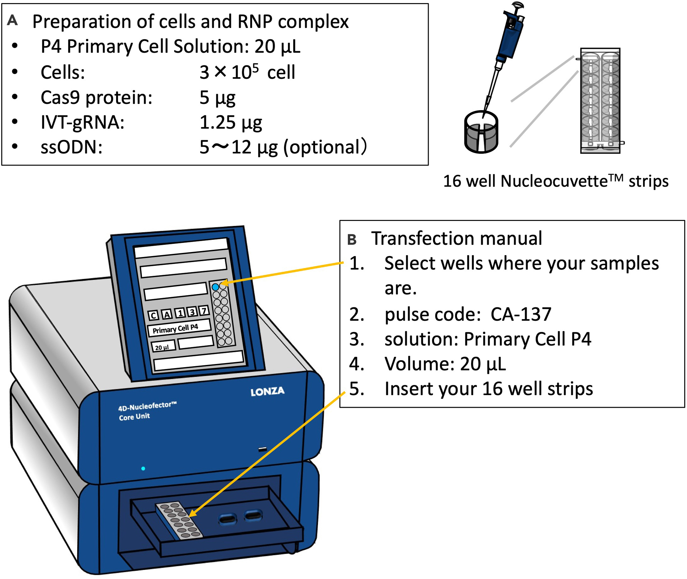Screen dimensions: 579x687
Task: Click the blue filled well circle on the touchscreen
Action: [x=215, y=287]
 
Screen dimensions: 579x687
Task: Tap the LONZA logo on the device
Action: [x=267, y=392]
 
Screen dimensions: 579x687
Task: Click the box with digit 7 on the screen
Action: [x=204, y=311]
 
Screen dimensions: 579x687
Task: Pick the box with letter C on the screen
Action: [x=153, y=316]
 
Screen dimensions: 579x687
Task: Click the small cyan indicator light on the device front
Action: [x=143, y=468]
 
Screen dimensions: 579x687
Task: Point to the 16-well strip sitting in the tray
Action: [x=179, y=520]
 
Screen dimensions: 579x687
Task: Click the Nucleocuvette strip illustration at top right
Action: [x=600, y=101]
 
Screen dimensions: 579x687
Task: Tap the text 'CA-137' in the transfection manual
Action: [x=521, y=315]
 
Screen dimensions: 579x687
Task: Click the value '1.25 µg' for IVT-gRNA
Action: [x=231, y=123]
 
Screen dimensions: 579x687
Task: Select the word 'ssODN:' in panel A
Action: [x=71, y=147]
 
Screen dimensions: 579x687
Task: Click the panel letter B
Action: [x=352, y=240]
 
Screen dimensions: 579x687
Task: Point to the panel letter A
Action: [x=12, y=20]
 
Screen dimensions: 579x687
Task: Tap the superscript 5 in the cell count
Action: [x=255, y=67]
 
